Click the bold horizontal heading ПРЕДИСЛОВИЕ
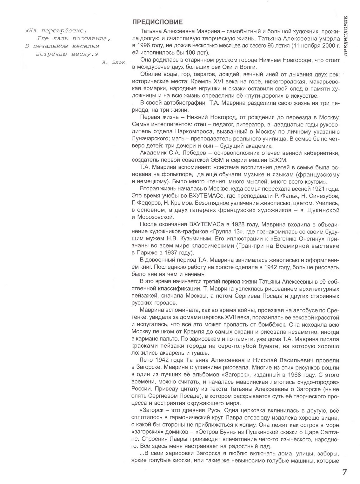click(x=157, y=22)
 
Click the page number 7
click(x=344, y=472)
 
